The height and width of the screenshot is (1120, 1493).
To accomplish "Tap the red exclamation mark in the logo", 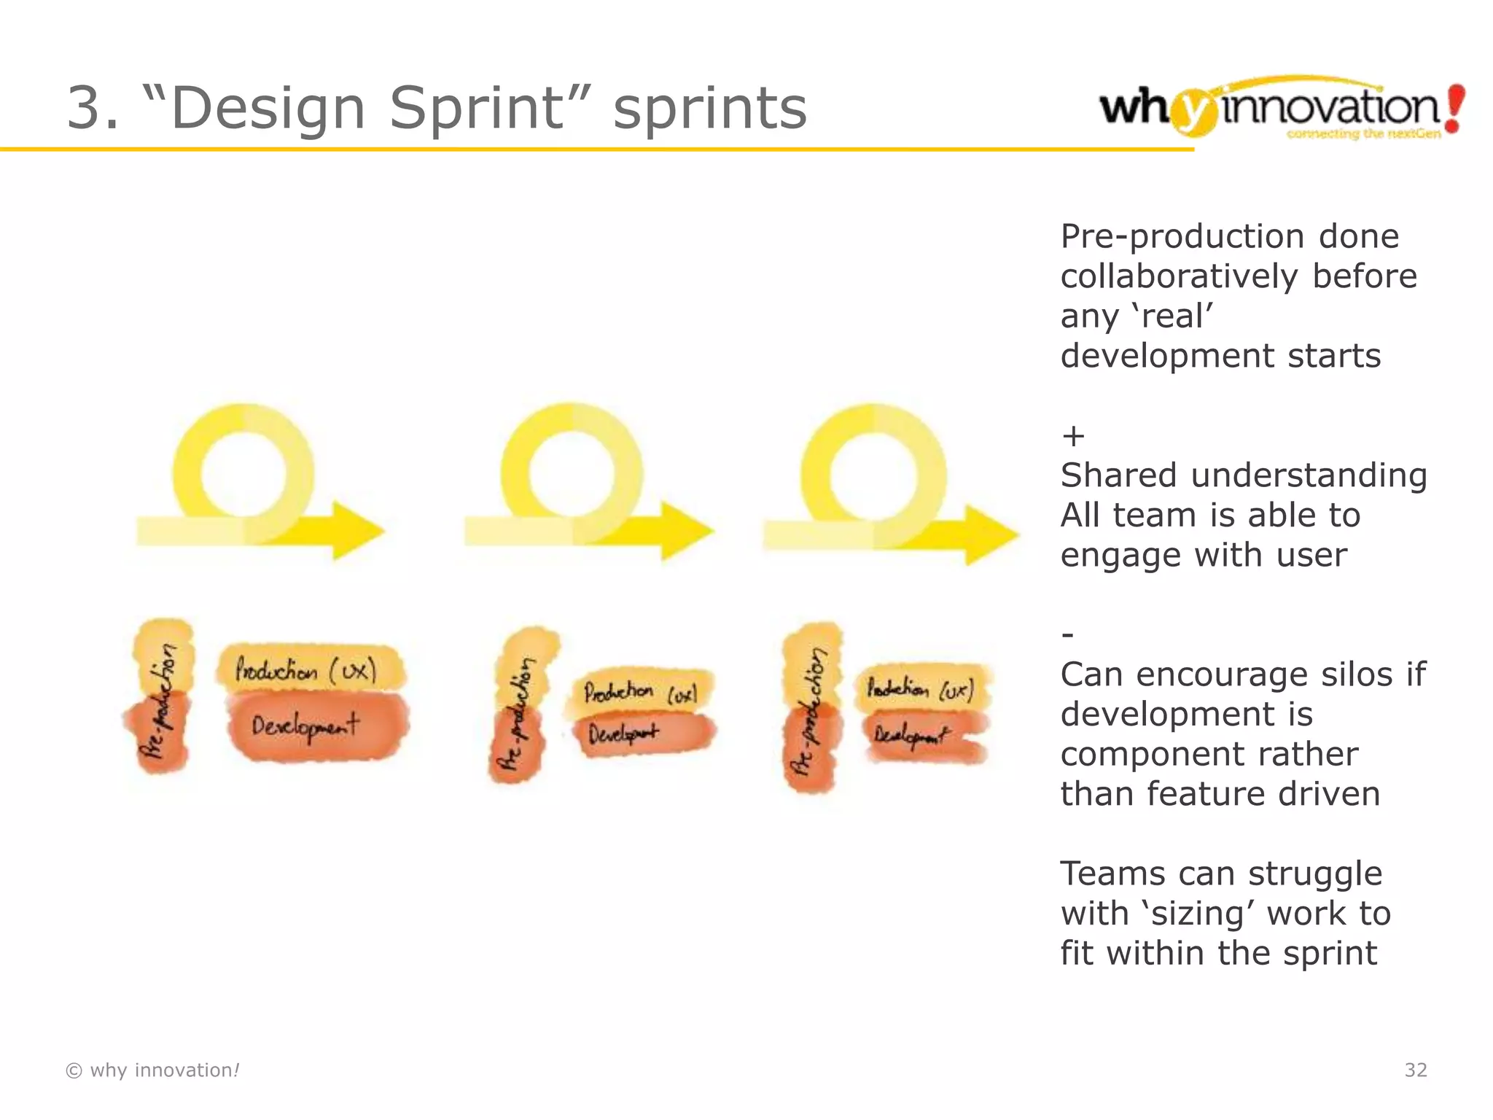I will tap(1454, 108).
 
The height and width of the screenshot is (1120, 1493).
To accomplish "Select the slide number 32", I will tap(1415, 1070).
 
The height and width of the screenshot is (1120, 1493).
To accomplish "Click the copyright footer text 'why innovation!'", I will tap(153, 1070).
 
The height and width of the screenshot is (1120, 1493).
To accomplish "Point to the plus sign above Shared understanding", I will tap(1073, 436).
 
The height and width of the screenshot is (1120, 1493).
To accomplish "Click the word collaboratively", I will tap(1179, 276).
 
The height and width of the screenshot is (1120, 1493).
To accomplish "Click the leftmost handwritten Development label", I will tap(306, 726).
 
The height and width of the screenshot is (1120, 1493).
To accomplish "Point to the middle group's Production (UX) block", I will tap(639, 691).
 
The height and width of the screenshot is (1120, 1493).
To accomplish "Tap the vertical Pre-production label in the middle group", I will tap(518, 711).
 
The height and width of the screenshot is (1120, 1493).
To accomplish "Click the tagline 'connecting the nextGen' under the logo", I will tap(1363, 134).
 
